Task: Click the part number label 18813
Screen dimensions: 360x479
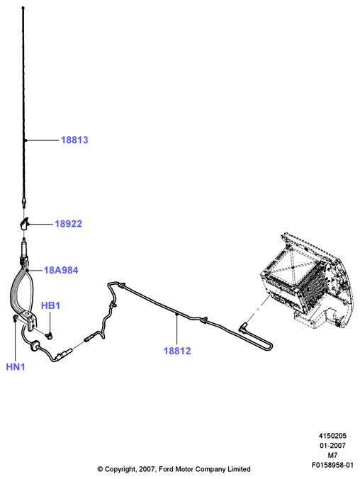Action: pyautogui.click(x=74, y=140)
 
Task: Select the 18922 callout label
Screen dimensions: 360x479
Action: pyautogui.click(x=69, y=224)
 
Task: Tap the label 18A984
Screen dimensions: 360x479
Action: pyautogui.click(x=61, y=270)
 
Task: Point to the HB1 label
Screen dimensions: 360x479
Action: pyautogui.click(x=51, y=305)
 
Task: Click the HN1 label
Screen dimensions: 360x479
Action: pyautogui.click(x=16, y=366)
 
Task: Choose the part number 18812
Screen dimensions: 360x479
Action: pyautogui.click(x=177, y=351)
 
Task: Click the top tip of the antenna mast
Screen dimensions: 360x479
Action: pyautogui.click(x=23, y=8)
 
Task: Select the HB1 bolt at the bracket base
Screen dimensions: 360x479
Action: pyautogui.click(x=48, y=336)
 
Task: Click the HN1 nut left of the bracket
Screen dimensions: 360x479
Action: pyautogui.click(x=15, y=318)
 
